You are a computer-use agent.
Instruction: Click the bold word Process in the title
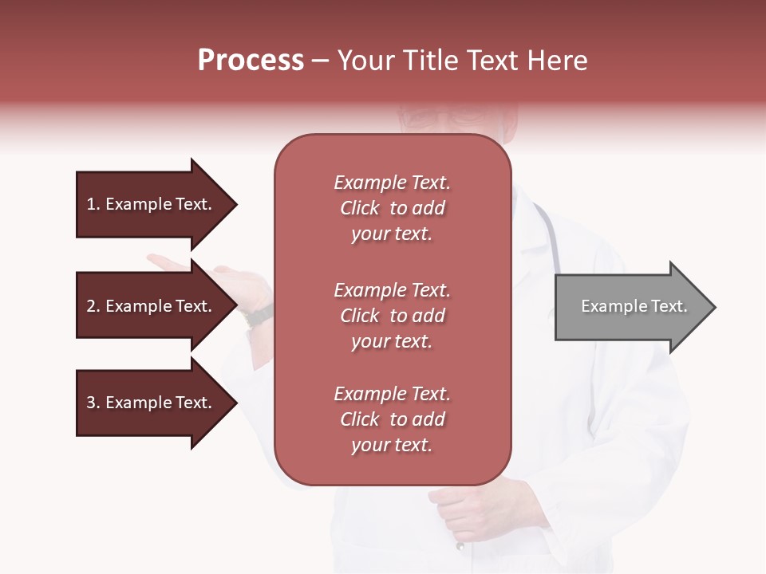coord(251,61)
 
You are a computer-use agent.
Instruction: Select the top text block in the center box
coord(392,208)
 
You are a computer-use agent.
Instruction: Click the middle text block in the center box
coord(392,316)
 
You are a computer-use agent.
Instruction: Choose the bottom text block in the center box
coord(392,419)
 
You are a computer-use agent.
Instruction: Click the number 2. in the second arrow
coord(93,306)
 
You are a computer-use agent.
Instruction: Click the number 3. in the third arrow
coord(93,403)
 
